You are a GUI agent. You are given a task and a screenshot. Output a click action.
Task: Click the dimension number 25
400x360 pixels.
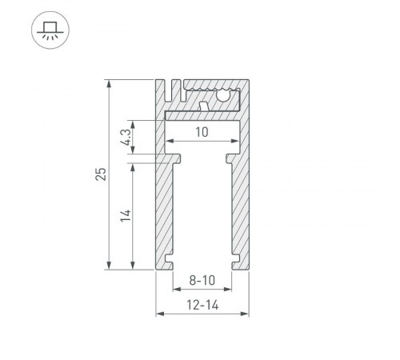coord(99,174)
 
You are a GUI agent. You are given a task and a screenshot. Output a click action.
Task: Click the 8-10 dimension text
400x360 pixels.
coord(201,281)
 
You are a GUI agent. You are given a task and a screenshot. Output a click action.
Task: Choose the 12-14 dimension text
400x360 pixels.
coord(201,304)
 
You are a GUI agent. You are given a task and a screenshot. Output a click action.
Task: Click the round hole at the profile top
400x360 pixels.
coord(223,95)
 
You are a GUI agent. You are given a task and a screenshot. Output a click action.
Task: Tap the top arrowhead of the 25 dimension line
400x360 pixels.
coord(109,83)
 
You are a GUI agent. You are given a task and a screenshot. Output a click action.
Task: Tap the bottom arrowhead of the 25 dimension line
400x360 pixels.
coord(109,266)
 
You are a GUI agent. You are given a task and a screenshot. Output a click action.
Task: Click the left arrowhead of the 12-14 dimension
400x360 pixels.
coord(158,314)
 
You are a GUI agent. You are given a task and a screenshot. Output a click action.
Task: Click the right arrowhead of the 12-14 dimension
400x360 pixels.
coord(243,314)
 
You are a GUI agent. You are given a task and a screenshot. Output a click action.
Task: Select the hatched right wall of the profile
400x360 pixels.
coord(238,208)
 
